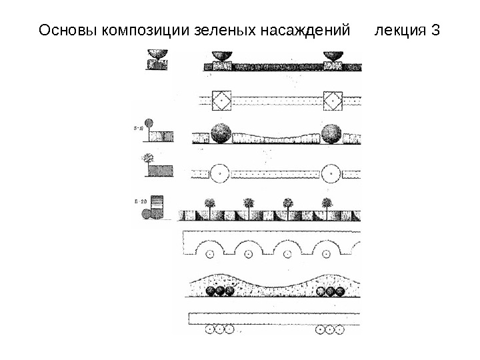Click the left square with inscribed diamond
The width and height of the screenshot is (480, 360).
coord(221,101)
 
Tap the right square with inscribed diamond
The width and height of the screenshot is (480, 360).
coord(332,101)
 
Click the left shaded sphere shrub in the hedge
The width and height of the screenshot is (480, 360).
coord(220,133)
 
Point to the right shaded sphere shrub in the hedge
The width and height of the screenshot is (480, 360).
coord(331,133)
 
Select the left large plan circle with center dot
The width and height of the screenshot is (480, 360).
coord(217,174)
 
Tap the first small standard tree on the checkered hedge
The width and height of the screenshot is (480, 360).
coord(211,205)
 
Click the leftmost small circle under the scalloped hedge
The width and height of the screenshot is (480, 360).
coord(211,253)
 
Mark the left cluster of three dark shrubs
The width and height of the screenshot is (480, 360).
coord(220,291)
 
